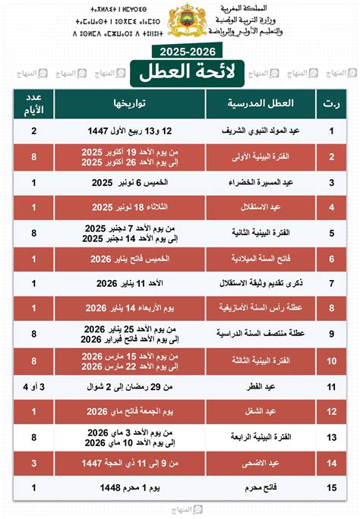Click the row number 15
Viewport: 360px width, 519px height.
332,487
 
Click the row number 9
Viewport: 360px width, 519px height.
332,333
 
